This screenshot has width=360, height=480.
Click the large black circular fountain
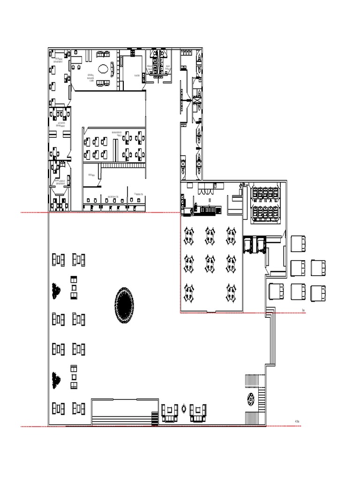[124, 305]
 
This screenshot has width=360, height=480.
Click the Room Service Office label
[117, 134]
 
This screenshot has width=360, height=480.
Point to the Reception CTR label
[113, 196]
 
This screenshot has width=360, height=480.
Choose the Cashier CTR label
[138, 194]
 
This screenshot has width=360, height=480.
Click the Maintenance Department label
[60, 182]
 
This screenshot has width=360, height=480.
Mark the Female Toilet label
[150, 68]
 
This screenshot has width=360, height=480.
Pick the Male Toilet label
[167, 68]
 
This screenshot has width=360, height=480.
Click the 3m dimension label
[304, 310]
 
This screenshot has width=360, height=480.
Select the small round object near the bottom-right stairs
[251, 400]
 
